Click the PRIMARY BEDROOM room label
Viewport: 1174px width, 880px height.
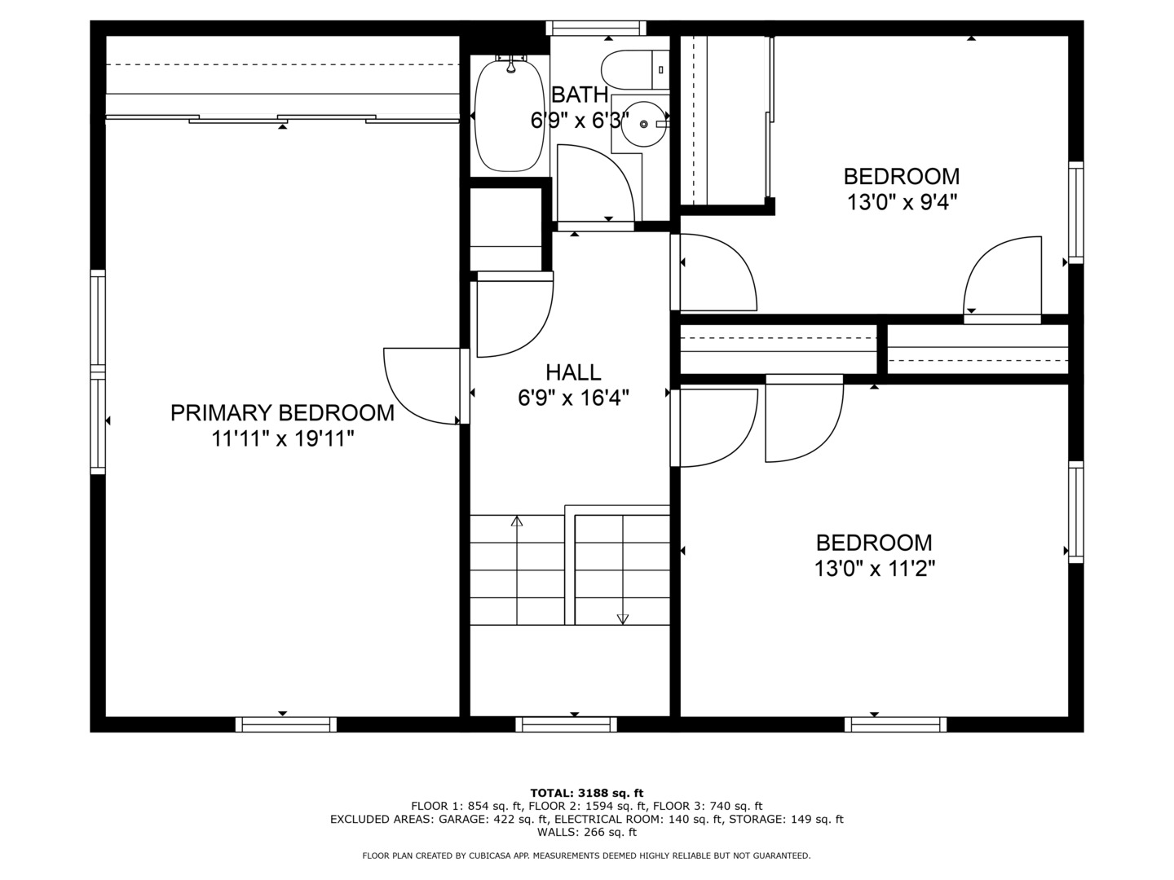click(282, 413)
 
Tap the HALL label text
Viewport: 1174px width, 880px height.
click(573, 372)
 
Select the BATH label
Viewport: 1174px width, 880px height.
click(580, 95)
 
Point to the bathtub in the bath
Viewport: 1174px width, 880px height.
click(510, 115)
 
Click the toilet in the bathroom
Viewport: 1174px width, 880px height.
click(635, 70)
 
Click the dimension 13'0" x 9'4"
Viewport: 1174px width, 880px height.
click(902, 203)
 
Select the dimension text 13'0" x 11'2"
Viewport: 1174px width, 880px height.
click(875, 569)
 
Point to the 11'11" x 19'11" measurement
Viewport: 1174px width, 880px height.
click(283, 439)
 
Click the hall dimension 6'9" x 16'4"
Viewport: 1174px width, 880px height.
click(573, 398)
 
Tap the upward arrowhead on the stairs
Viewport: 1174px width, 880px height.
click(517, 521)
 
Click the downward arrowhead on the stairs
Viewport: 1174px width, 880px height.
click(623, 619)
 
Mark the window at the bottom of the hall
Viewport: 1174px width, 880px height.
click(567, 724)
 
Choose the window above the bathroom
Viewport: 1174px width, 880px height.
click(596, 28)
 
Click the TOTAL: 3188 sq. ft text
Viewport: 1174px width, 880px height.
click(587, 793)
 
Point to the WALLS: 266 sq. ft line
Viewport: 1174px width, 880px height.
click(587, 832)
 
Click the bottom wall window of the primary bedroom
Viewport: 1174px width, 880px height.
click(286, 724)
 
